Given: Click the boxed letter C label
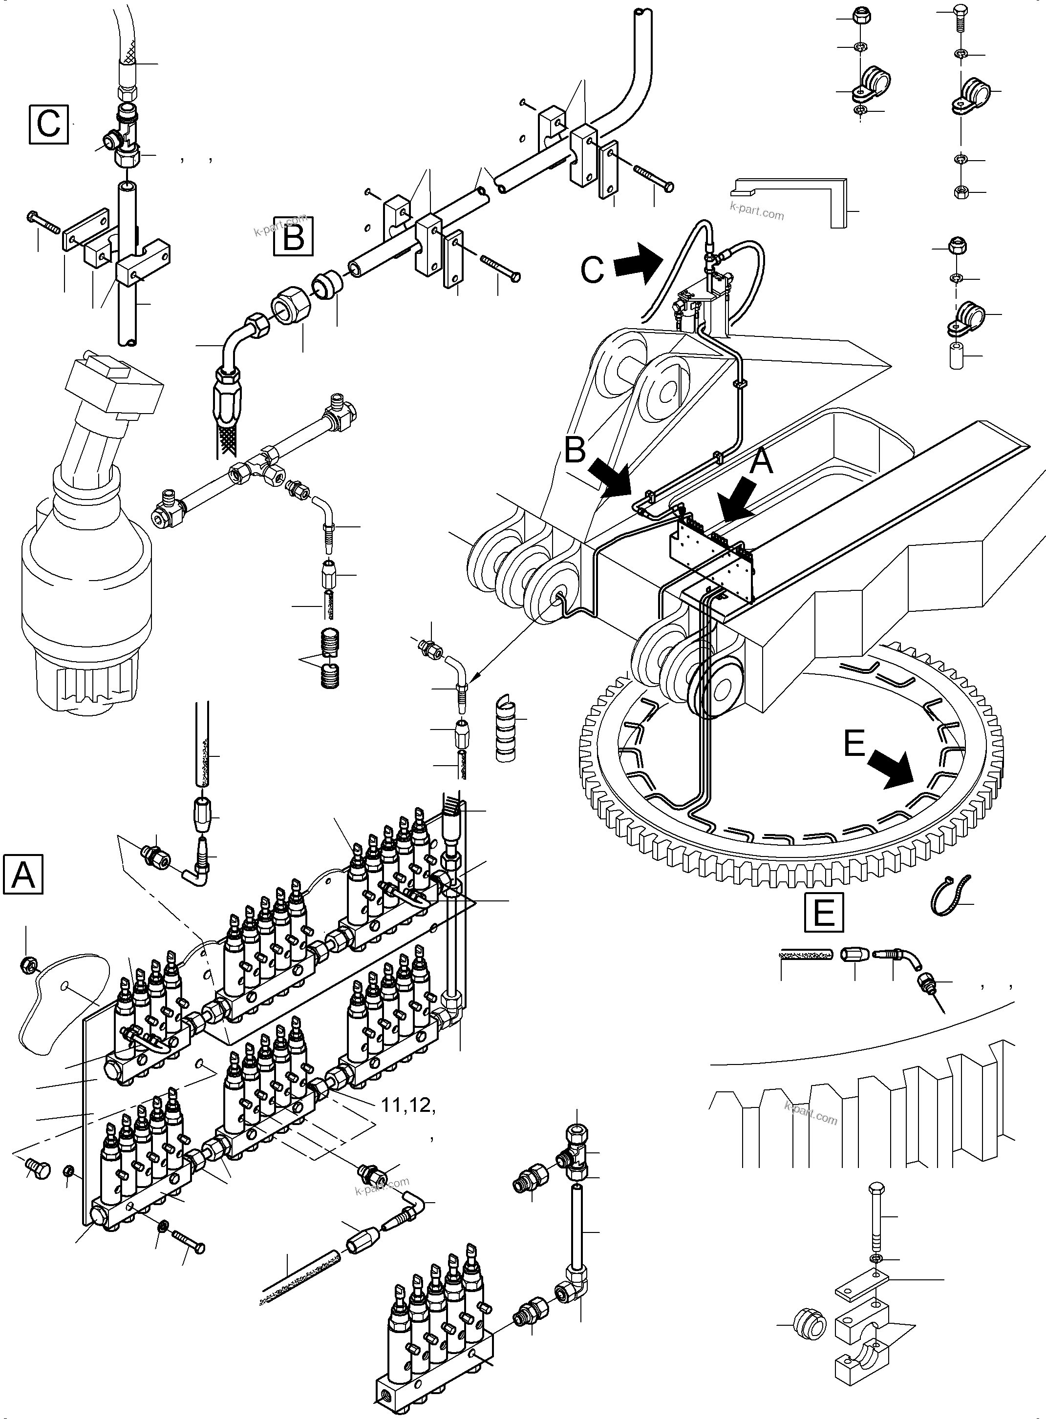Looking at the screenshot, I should click(x=49, y=124).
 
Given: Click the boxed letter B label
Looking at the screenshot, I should click(x=293, y=235).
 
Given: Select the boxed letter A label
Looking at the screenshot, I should click(x=23, y=874).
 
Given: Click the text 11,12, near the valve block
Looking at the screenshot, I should click(x=409, y=1105).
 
